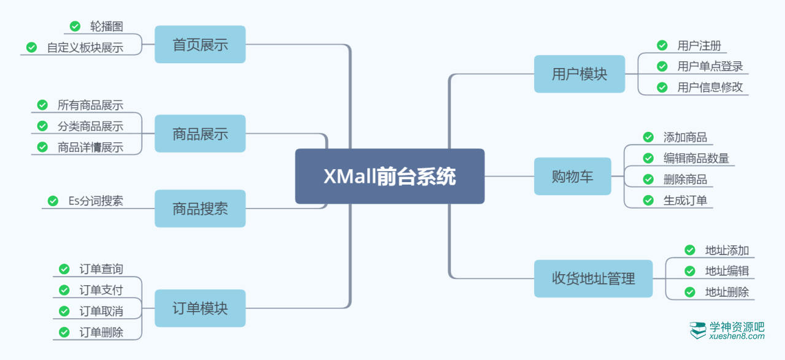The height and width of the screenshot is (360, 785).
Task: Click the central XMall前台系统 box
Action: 389,177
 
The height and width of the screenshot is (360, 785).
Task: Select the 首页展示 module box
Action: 200,45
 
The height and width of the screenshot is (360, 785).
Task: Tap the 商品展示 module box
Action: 200,134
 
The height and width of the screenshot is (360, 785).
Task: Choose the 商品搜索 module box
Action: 200,209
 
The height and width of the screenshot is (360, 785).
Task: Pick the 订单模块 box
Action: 200,308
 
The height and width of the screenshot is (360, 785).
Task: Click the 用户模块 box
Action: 579,74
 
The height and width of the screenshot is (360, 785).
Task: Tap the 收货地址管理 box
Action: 593,279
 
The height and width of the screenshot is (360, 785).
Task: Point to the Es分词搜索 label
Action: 96,201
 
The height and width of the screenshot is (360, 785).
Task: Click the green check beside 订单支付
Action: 64,290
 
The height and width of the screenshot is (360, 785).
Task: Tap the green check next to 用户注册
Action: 662,45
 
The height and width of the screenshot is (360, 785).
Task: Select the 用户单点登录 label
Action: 710,66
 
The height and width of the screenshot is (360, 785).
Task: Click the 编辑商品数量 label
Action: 696,158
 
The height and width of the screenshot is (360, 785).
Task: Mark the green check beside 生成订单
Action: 648,200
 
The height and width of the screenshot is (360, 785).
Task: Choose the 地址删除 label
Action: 727,292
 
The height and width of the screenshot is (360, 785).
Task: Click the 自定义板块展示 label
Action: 85,47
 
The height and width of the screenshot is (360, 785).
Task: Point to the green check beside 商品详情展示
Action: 42,147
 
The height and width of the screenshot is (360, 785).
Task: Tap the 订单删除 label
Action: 101,332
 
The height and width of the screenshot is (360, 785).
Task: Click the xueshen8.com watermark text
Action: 737,336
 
